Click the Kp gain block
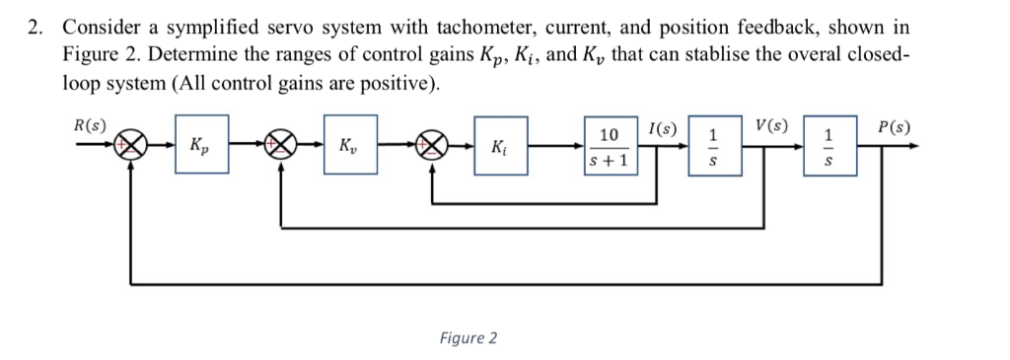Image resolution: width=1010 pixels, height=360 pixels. click(201, 146)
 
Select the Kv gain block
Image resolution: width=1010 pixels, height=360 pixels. click(350, 146)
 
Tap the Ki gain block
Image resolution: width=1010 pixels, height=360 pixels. click(501, 146)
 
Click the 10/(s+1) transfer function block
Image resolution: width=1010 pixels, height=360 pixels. click(610, 146)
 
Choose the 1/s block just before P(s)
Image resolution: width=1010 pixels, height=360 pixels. click(830, 146)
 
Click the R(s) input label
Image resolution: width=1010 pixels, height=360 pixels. click(91, 125)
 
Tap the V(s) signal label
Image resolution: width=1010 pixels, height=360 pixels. click(771, 125)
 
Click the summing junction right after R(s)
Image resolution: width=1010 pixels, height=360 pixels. click(133, 146)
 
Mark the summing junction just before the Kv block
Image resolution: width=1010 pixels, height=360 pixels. click(283, 146)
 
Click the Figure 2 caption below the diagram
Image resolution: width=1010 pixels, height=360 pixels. click(469, 338)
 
